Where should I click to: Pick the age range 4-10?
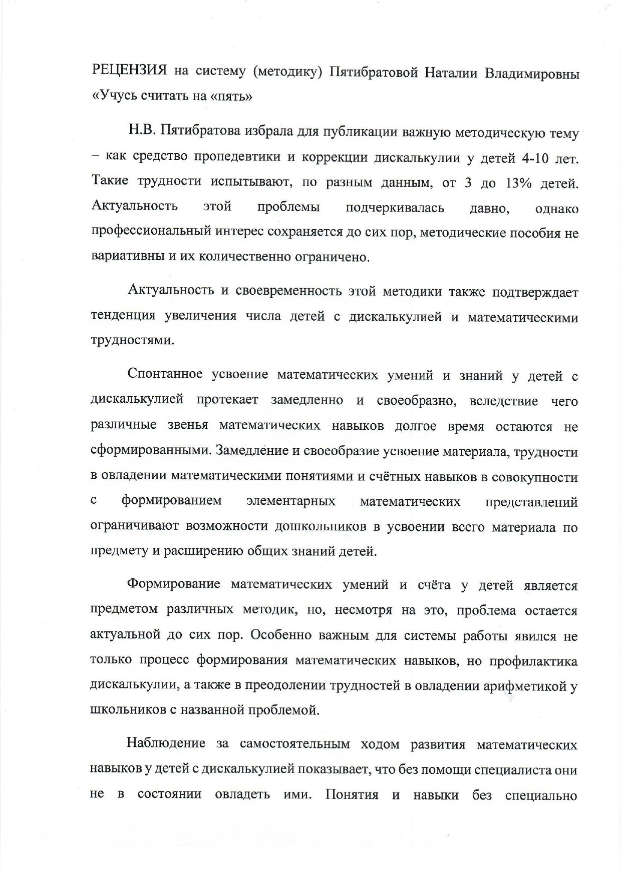(537, 158)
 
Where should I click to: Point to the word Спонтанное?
(165, 374)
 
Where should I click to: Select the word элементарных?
(290, 501)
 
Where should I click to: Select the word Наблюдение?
(166, 743)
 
